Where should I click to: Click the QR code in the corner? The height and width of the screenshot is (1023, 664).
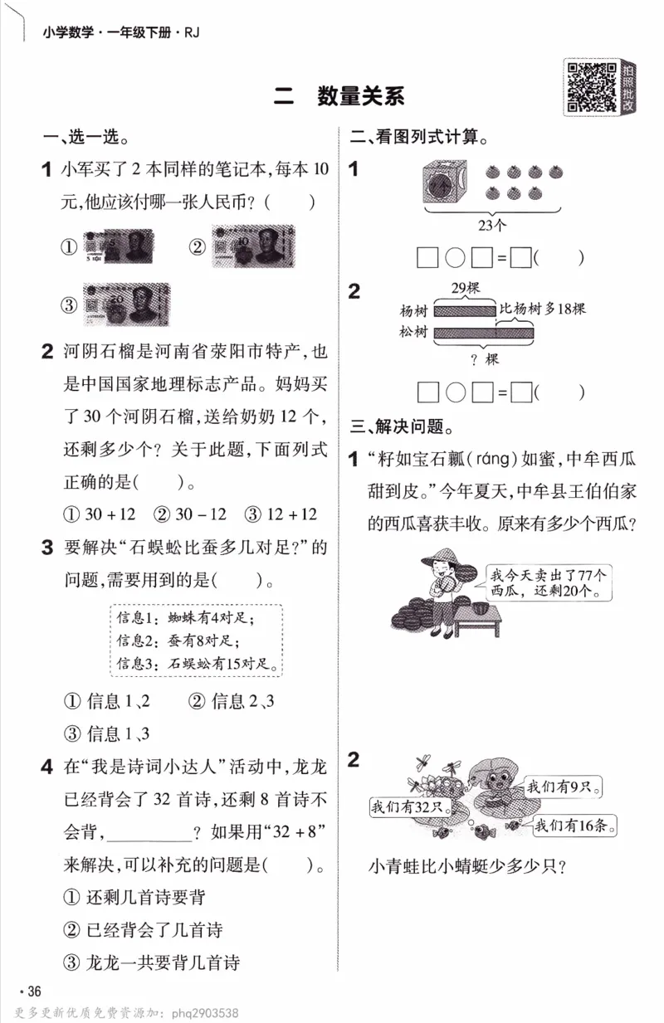click(589, 85)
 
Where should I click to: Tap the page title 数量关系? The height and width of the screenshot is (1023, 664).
click(360, 96)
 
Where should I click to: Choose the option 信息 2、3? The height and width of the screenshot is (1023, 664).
click(232, 702)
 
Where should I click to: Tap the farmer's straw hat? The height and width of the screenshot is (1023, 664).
click(439, 558)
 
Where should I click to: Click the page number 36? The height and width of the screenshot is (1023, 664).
click(32, 991)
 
